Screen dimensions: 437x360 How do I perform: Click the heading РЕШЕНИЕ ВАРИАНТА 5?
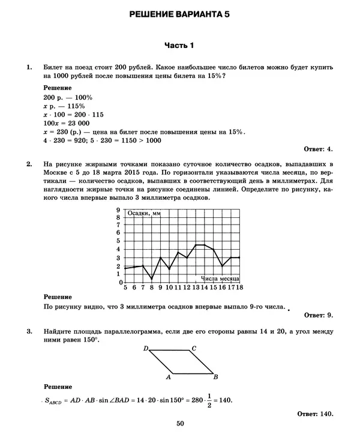click(179, 14)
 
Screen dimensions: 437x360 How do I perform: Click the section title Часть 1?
click(179, 46)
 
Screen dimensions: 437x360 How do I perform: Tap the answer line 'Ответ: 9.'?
click(318, 314)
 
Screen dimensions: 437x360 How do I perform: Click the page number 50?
click(180, 424)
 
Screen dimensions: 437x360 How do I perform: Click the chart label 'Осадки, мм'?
click(144, 214)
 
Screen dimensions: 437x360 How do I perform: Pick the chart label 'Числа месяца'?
click(221, 279)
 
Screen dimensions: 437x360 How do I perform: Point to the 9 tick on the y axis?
click(118, 209)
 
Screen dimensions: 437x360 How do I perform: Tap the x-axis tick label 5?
click(125, 288)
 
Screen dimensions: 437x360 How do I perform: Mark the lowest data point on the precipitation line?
click(152, 279)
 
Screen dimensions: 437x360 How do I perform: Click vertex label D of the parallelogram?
click(146, 348)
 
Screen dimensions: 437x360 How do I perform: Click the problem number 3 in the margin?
click(29, 331)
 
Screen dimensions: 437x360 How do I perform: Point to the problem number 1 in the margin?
click(29, 68)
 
